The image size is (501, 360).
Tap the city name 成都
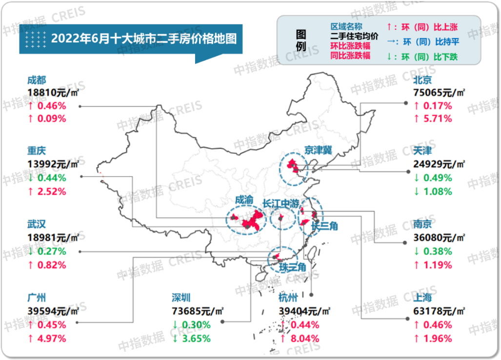click(x=37, y=80)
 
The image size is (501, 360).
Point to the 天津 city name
click(x=422, y=152)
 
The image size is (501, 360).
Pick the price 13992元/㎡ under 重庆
click(x=54, y=165)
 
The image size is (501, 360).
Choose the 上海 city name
click(x=422, y=298)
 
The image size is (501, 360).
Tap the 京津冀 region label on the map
click(x=318, y=150)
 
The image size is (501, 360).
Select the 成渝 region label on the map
click(x=244, y=200)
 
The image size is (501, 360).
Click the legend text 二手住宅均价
click(x=354, y=36)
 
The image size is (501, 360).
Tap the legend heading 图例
click(x=301, y=41)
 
